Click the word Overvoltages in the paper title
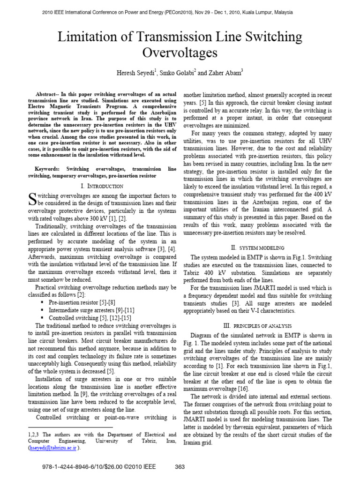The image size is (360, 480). pyautogui.click(x=180, y=52)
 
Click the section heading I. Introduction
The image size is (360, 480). pyautogui.click(x=102, y=186)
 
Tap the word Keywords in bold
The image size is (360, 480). pyautogui.click(x=48, y=168)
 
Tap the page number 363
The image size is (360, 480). pyautogui.click(x=180, y=467)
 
